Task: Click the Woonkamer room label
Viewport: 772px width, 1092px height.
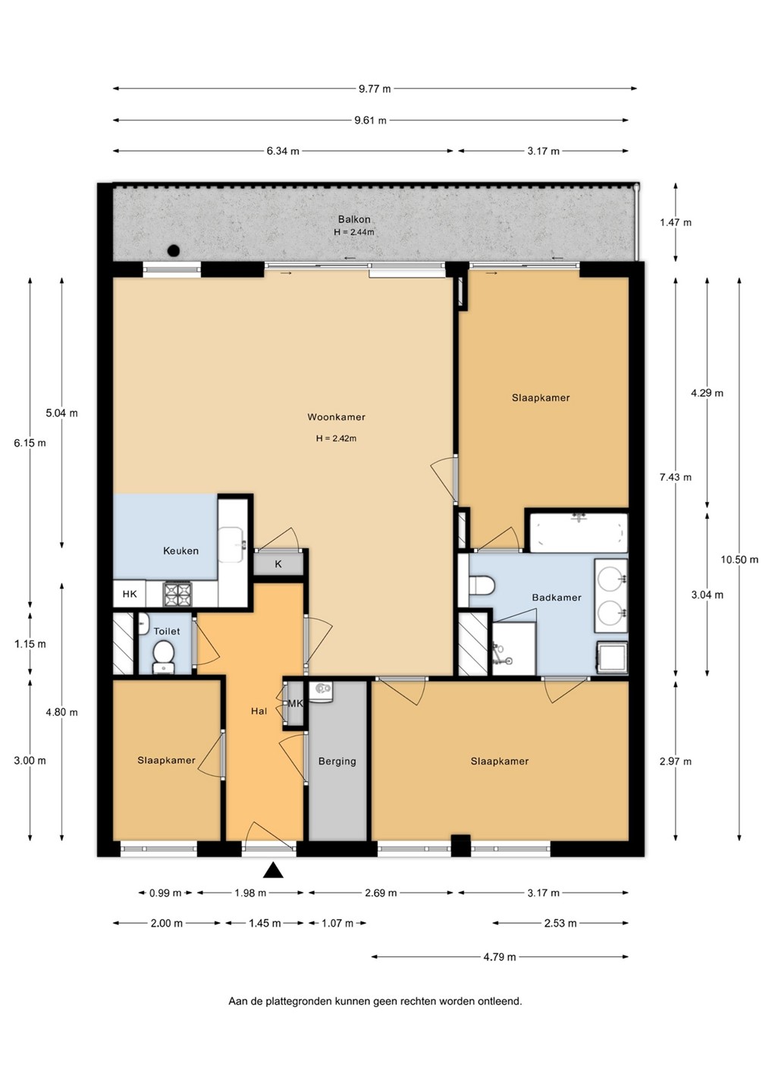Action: click(336, 417)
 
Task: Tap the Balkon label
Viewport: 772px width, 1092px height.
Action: click(354, 219)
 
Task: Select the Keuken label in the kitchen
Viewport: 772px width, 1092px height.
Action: click(180, 551)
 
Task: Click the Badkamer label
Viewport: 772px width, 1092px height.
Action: click(557, 598)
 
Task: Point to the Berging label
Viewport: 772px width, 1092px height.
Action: click(337, 761)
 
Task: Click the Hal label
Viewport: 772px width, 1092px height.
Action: click(259, 711)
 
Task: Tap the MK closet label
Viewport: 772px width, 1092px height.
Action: click(295, 704)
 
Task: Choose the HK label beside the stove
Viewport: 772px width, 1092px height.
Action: click(130, 594)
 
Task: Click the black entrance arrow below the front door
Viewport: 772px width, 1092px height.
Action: click(273, 871)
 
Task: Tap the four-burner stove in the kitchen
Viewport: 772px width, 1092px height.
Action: click(177, 595)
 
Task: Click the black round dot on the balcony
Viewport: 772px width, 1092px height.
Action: click(174, 251)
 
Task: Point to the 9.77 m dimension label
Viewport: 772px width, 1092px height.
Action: click(375, 89)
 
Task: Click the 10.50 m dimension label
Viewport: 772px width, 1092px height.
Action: click(739, 560)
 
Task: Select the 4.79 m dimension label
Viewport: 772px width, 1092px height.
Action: click(500, 957)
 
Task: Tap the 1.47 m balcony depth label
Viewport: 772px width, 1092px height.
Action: click(676, 222)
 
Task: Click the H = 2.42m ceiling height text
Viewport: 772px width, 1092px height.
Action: click(336, 438)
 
